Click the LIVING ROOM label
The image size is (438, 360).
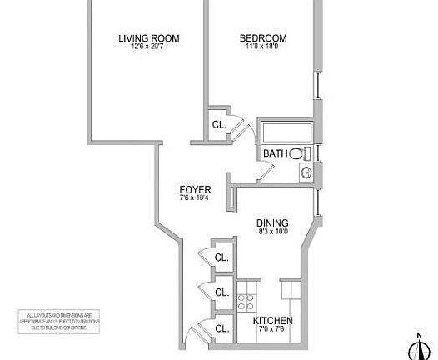pos(149,38)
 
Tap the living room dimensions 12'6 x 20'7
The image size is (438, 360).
pos(149,48)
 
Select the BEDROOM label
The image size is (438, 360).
pos(263,38)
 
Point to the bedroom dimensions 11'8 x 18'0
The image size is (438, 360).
pos(263,48)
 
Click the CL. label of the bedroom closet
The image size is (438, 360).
pos(219,125)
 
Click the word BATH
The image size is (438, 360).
pos(275,153)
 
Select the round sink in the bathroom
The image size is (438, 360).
pos(306,173)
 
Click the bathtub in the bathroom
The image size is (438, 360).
pos(286,133)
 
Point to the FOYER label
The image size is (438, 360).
pos(195,189)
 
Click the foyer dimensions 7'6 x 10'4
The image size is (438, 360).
pos(195,198)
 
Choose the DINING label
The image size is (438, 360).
pos(272,222)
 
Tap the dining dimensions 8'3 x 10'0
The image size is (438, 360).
pos(272,232)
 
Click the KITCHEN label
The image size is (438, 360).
pos(272,320)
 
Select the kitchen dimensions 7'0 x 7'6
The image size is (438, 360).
pos(272,330)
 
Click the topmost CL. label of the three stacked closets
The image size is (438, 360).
pos(221,257)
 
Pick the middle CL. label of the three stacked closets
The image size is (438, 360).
pos(221,292)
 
